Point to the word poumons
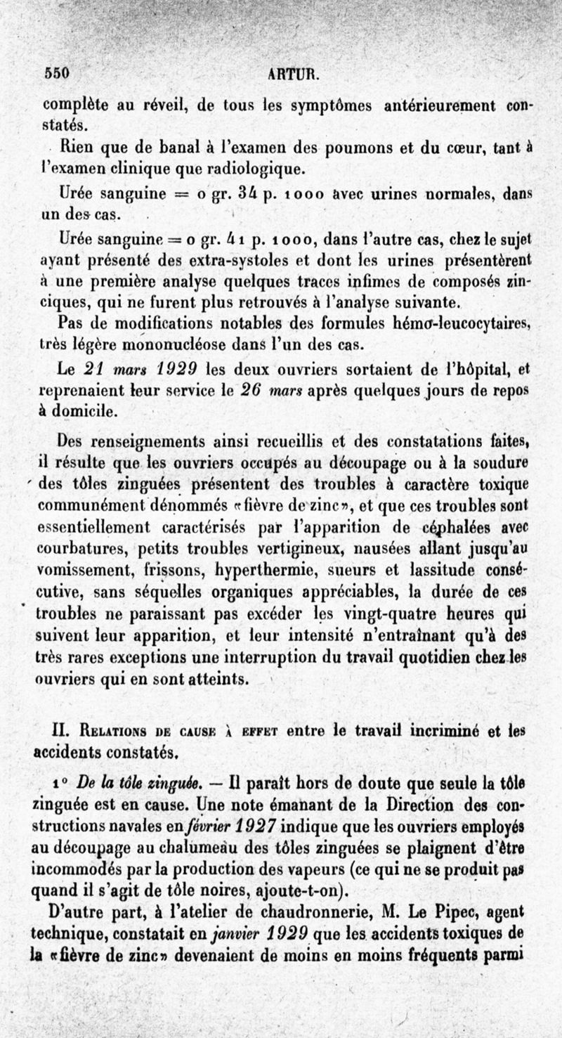[x=353, y=148]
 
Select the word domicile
[x=82, y=409]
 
